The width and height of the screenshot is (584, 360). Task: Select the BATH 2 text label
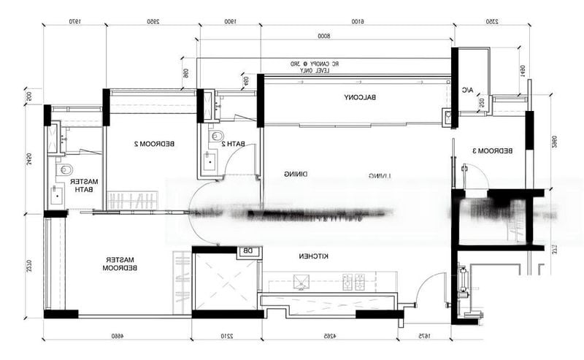click(x=232, y=144)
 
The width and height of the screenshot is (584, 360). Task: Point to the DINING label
click(x=294, y=174)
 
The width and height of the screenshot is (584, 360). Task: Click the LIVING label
click(x=380, y=175)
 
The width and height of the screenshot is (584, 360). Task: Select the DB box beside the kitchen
click(x=247, y=252)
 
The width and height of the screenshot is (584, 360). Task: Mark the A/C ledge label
click(x=467, y=90)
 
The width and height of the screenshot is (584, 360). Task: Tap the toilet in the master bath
click(x=61, y=171)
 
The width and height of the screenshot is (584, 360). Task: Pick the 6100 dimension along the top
click(x=357, y=21)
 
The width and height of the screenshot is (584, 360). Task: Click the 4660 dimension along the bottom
click(x=117, y=335)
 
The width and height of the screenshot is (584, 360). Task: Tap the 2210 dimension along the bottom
click(x=226, y=335)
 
